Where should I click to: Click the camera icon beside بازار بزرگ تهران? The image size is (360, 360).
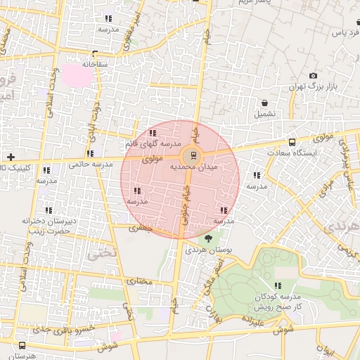click(313, 76)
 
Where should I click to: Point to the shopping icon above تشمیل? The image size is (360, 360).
click(264, 103)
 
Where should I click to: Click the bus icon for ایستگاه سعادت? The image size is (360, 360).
click(292, 142)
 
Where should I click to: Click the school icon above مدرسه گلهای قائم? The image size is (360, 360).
click(153, 133)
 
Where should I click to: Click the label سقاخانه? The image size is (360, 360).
click(95, 64)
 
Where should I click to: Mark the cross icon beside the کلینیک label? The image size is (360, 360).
click(10, 156)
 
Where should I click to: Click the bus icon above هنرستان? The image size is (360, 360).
click(23, 345)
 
